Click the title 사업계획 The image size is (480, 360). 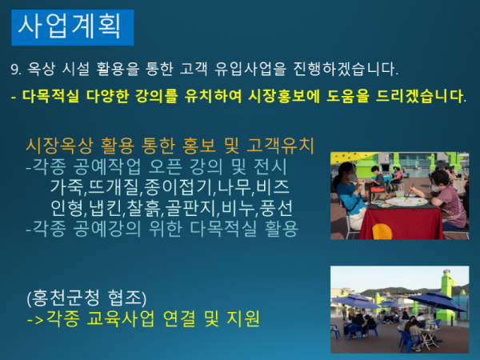pos(70,27)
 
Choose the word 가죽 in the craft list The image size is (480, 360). pos(65,189)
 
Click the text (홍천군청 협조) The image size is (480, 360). pos(87,299)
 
